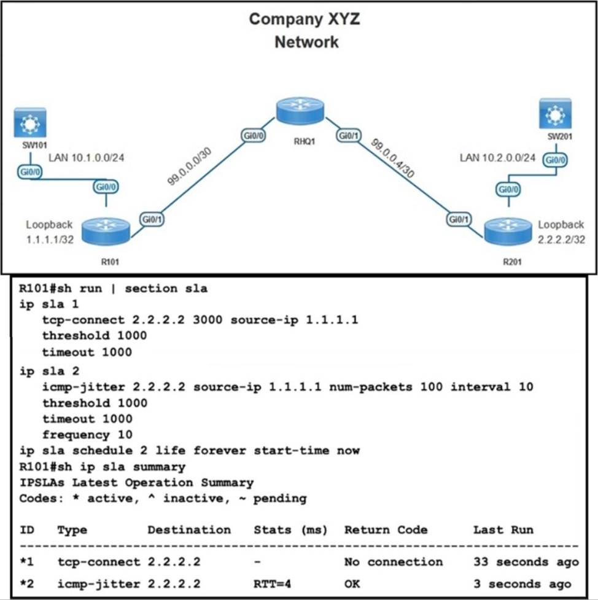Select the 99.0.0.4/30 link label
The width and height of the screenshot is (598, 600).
tap(392, 158)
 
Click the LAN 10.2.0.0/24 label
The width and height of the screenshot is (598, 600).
tap(498, 158)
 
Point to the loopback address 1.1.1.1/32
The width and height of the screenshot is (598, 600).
tap(50, 240)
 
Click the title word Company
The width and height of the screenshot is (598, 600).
tap(279, 19)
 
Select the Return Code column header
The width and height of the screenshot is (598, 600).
tap(386, 529)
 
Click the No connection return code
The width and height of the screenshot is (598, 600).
tap(393, 562)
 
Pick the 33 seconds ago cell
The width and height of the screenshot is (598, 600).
tap(526, 562)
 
